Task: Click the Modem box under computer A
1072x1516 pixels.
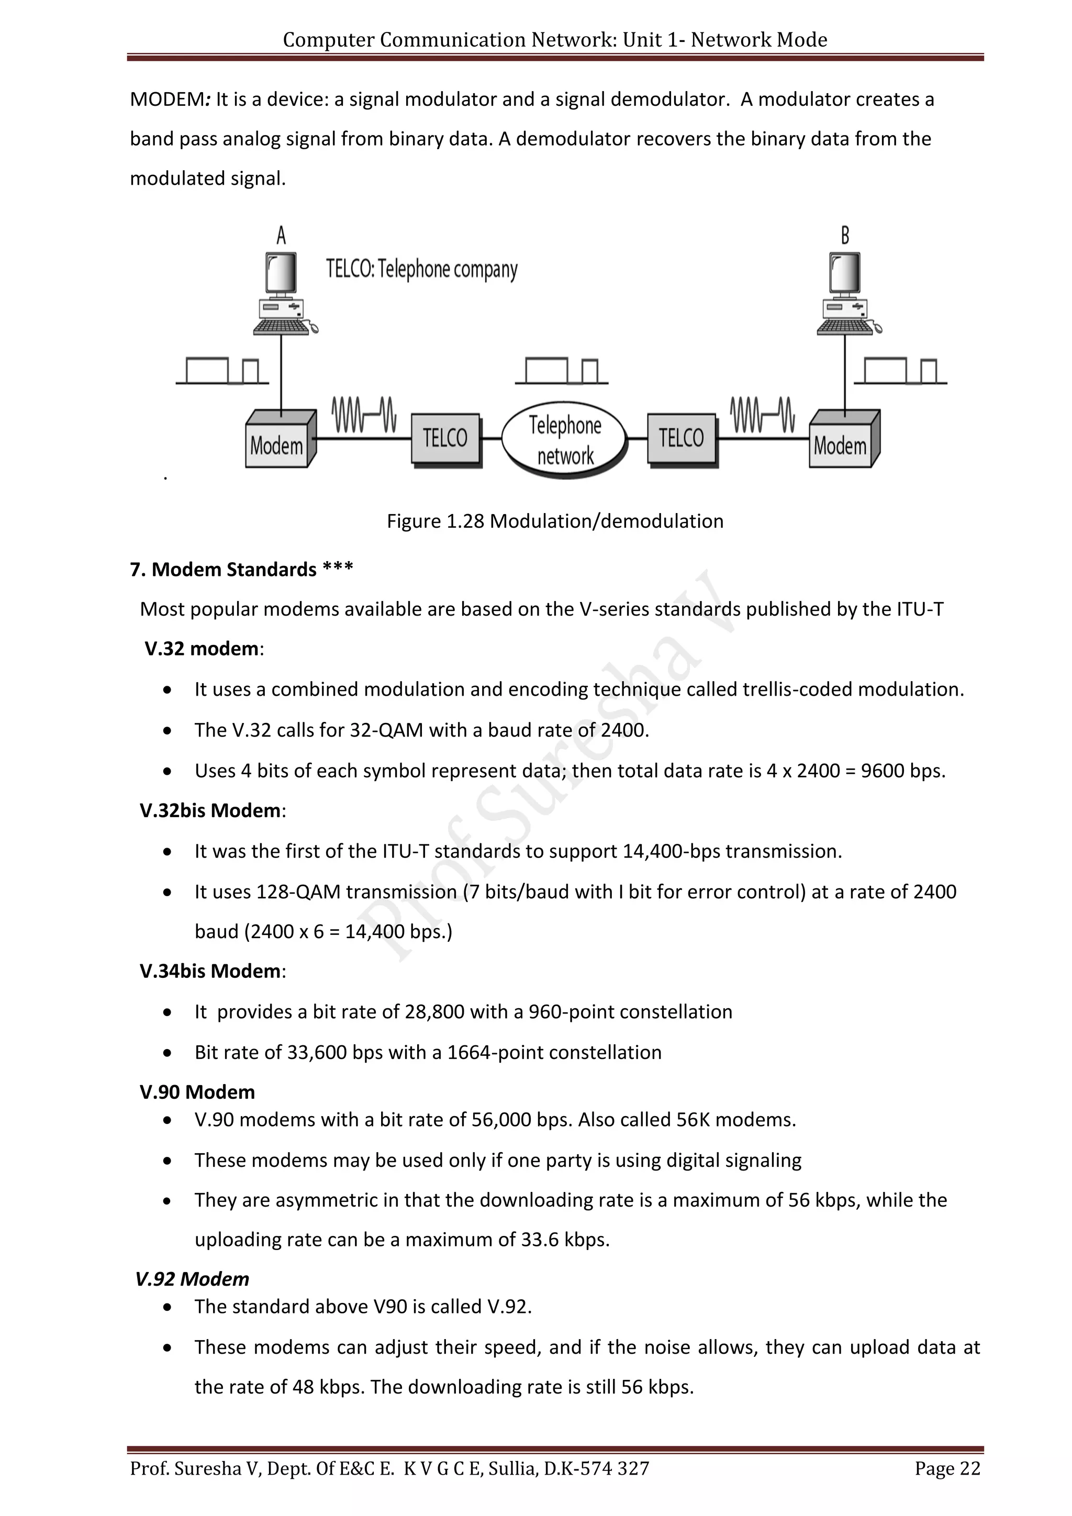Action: pos(278,441)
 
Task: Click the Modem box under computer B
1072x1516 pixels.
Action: pos(842,441)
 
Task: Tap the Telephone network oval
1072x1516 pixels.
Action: pos(564,439)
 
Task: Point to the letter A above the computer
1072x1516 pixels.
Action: pos(281,235)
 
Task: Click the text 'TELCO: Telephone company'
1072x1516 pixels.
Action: pos(422,270)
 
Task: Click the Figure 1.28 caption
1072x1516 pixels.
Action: pos(554,521)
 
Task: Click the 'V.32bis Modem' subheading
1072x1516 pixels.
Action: pos(210,810)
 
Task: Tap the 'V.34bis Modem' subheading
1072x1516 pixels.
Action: pos(210,971)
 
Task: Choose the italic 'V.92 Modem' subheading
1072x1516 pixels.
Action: pos(192,1279)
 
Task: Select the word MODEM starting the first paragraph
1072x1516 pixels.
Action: pos(167,99)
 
